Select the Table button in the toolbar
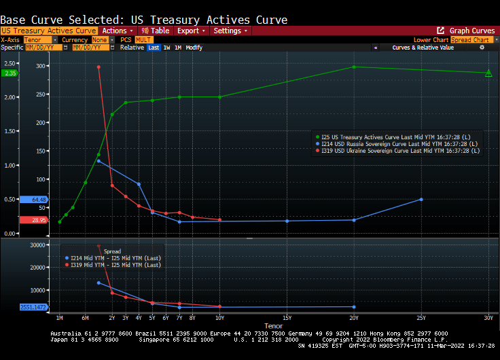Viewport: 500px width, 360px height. point(156,31)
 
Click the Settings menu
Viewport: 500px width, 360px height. point(230,31)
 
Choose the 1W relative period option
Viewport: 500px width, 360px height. point(166,48)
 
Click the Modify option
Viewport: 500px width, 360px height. point(194,48)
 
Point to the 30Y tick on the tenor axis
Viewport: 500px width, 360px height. point(488,318)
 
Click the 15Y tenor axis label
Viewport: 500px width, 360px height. point(287,318)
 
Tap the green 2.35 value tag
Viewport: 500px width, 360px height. point(10,73)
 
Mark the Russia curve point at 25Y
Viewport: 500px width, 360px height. point(421,199)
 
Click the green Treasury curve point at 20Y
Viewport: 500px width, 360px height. point(354,67)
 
